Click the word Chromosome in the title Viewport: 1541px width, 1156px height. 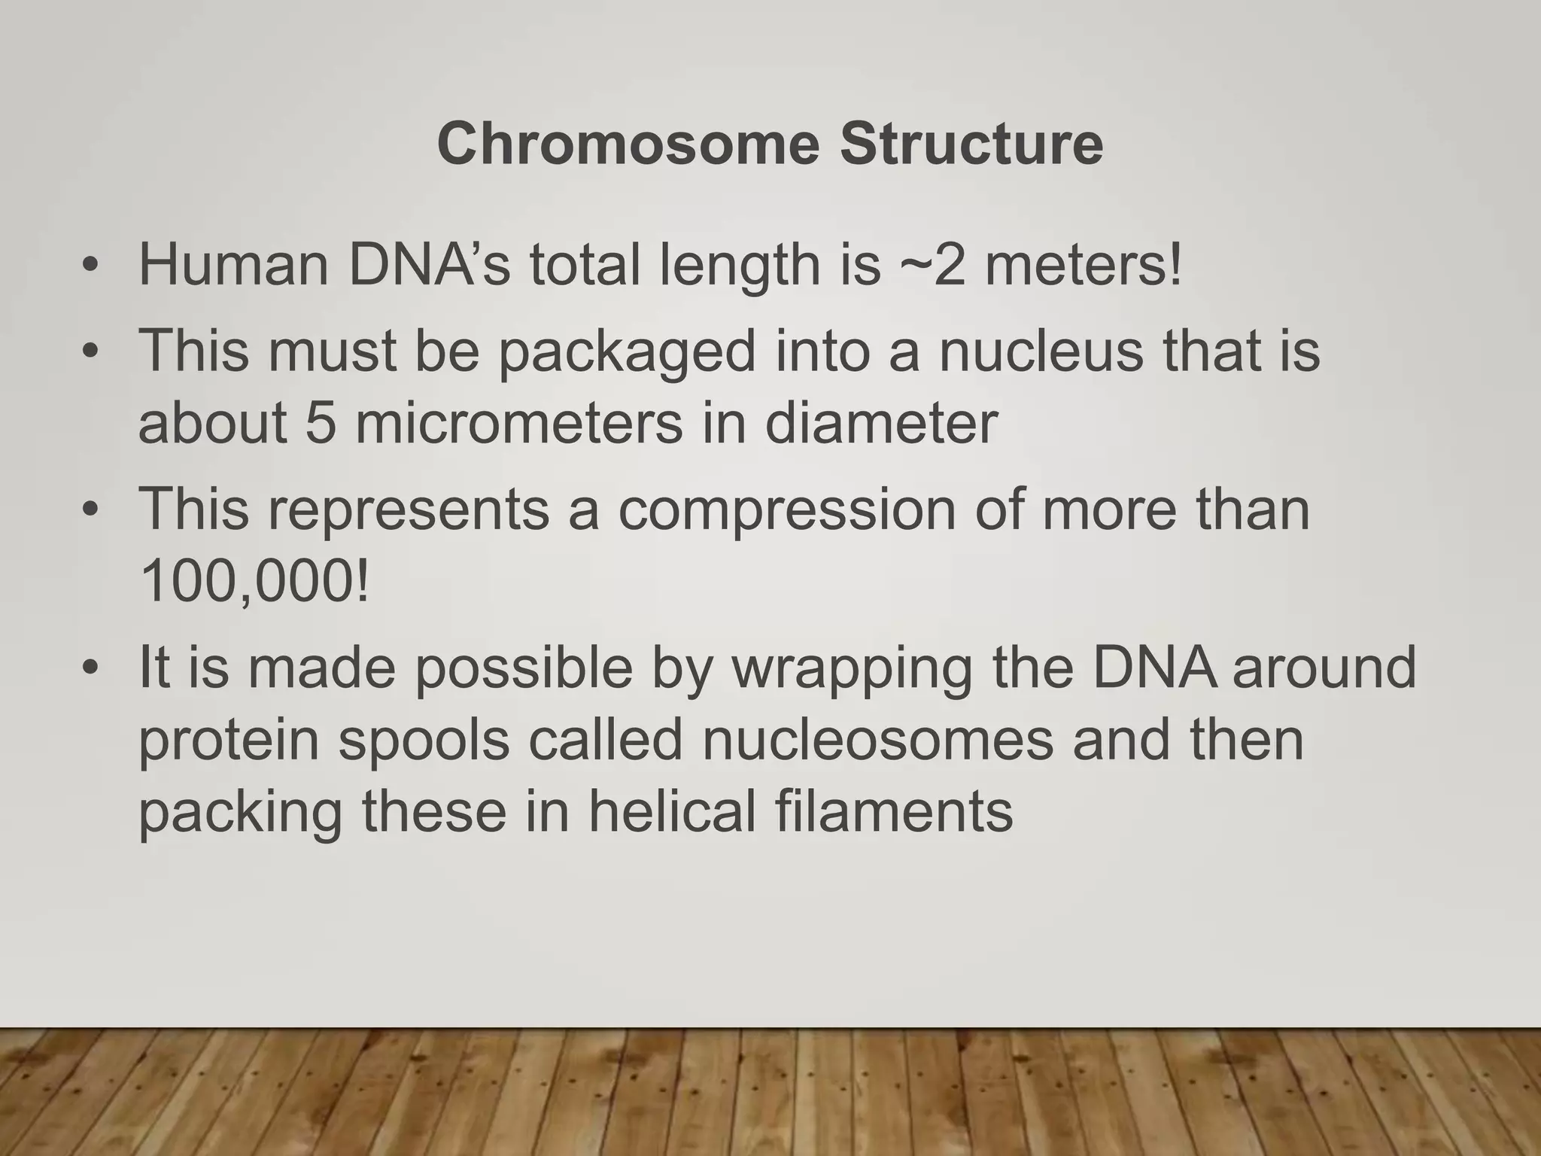(x=628, y=144)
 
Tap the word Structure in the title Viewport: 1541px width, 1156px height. (x=971, y=144)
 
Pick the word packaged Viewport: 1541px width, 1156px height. (x=627, y=352)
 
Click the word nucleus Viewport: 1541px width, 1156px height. (x=1041, y=351)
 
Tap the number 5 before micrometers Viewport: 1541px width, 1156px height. (x=321, y=423)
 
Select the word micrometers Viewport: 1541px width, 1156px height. (x=519, y=423)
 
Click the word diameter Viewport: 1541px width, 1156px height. (x=881, y=423)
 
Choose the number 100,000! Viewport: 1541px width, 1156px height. (x=254, y=583)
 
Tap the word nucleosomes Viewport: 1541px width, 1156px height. (x=877, y=741)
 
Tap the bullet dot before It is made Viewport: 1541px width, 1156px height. (x=91, y=668)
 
